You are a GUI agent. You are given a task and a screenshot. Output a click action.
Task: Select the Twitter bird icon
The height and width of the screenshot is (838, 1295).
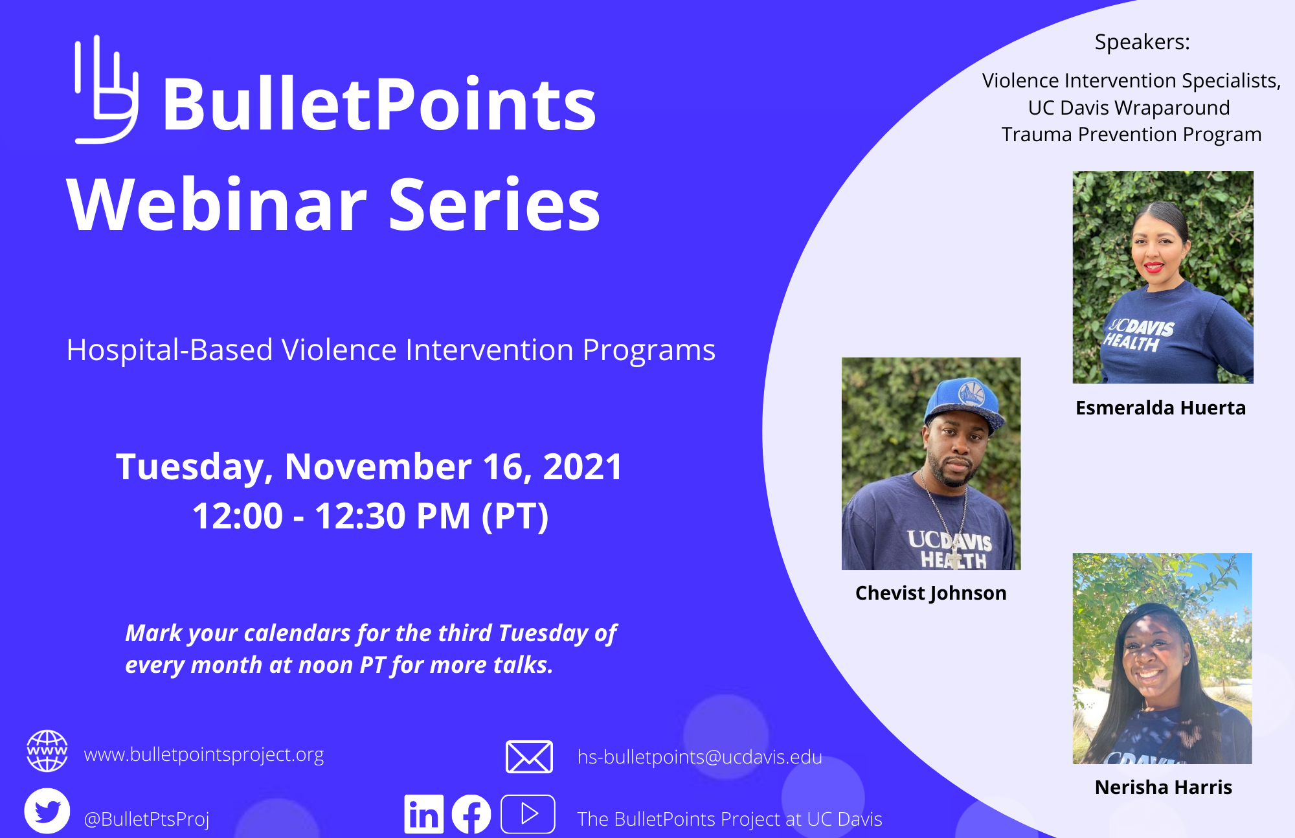pos(47,811)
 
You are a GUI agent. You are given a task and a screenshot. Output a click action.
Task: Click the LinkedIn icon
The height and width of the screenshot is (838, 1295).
pos(423,814)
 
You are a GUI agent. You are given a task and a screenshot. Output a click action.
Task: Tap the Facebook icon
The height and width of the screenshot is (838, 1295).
pos(471,814)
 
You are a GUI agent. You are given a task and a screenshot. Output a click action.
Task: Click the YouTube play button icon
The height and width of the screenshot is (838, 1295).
pos(528,814)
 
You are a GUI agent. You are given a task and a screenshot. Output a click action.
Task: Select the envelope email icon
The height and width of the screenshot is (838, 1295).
pos(529,756)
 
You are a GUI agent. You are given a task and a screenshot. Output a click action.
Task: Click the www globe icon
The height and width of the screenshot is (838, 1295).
pos(47,751)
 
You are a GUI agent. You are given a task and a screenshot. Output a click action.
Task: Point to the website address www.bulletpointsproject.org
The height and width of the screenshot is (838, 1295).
pos(204,754)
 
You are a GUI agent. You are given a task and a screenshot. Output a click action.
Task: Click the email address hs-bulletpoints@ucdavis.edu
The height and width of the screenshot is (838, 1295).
pos(699,757)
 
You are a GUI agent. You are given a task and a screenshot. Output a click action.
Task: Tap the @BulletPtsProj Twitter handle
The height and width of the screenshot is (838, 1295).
pos(146,819)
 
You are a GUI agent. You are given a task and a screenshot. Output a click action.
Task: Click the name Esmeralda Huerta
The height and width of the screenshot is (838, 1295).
pos(1160,408)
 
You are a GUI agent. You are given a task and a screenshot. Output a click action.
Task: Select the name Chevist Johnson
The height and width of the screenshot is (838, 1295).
pos(930,593)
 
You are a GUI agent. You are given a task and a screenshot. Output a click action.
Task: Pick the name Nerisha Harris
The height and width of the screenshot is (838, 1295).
pos(1163,787)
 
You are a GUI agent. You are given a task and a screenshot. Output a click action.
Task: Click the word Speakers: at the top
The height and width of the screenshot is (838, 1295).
pos(1142,42)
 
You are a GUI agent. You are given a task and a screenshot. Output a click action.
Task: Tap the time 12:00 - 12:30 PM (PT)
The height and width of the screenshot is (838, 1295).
pos(370,516)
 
